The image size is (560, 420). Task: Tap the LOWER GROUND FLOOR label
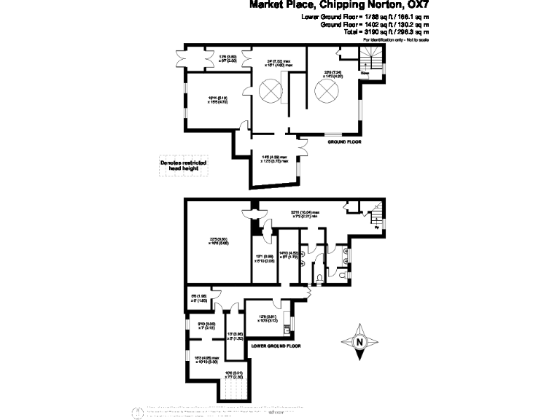[276, 346]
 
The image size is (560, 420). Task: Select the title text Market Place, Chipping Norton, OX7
[339, 4]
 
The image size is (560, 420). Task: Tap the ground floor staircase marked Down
[368, 61]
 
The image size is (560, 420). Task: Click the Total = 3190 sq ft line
[386, 32]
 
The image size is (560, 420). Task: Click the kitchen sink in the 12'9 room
[287, 332]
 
